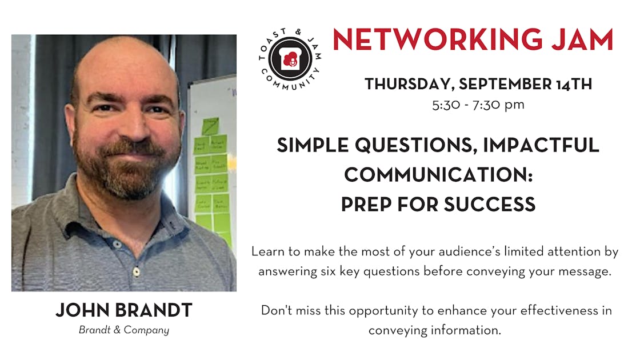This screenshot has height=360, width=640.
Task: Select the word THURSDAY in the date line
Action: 408,85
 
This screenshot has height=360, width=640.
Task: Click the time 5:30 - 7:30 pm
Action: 479,105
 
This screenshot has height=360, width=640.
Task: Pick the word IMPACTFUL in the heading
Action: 541,145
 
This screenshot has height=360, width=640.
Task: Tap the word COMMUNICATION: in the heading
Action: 438,175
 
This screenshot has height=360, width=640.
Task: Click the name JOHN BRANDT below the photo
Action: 124,310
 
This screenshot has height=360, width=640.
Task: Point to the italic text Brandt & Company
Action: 124,330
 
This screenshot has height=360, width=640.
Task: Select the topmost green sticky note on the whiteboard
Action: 210,126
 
